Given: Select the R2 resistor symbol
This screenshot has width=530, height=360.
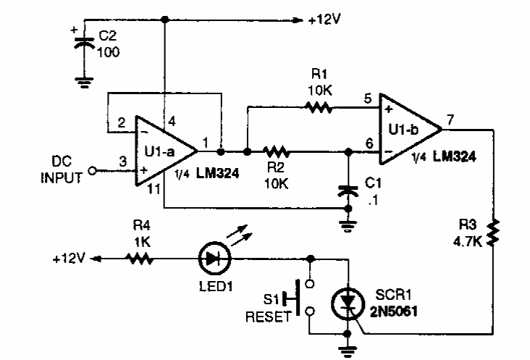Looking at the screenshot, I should click(x=276, y=152).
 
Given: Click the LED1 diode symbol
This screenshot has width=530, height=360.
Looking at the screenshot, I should click(x=212, y=256).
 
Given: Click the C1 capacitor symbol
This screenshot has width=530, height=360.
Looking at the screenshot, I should click(x=349, y=190).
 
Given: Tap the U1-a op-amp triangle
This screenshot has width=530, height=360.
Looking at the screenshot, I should click(x=164, y=151).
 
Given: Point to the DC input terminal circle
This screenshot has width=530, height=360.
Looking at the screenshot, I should click(x=93, y=171).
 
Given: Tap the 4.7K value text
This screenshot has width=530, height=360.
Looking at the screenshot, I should click(x=468, y=242).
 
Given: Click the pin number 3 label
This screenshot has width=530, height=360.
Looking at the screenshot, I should click(x=123, y=163).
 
